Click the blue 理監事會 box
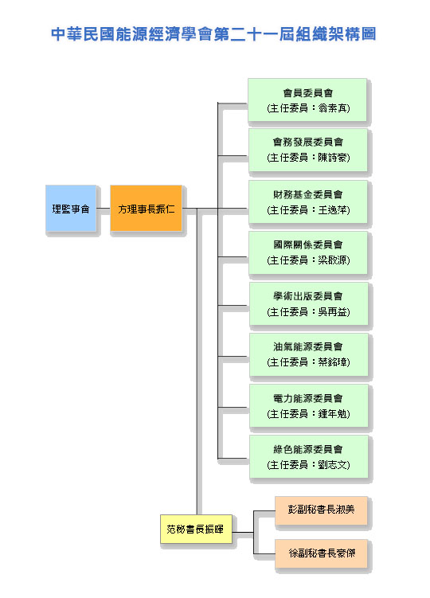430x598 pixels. (71, 209)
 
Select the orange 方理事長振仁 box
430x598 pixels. (147, 209)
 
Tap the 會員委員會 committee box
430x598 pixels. (307, 100)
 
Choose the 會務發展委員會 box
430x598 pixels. (307, 150)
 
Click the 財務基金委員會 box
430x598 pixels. (307, 202)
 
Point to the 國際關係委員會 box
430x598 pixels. (308, 252)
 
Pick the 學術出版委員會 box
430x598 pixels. (308, 304)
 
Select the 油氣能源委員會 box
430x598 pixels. (308, 354)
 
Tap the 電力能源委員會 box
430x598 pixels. (308, 406)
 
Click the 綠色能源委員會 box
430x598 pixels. (308, 456)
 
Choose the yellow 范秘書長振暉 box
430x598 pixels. (196, 529)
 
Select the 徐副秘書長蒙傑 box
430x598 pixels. (321, 553)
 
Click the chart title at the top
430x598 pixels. (213, 34)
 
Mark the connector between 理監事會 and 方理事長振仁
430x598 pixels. (103, 209)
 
